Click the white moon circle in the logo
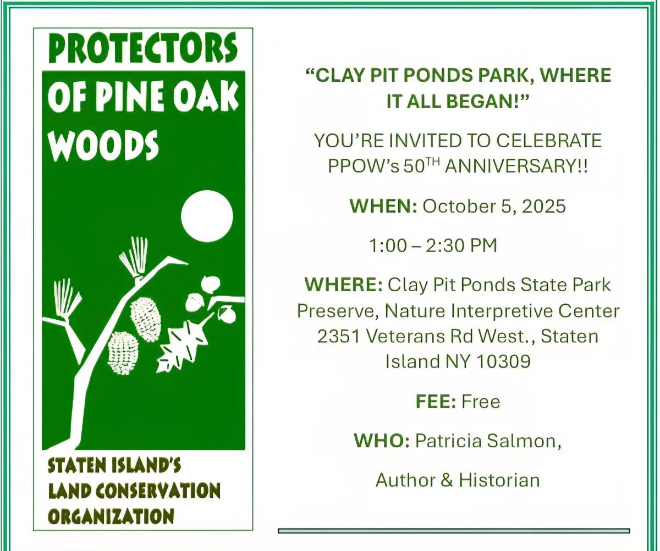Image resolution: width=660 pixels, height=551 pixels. tap(207, 216)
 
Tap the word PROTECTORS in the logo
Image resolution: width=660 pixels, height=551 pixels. tap(143, 48)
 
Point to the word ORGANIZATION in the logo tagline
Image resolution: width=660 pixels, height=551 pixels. tap(111, 516)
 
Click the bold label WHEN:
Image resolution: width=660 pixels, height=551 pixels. tap(383, 206)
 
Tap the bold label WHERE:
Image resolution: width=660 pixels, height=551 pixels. tap(344, 285)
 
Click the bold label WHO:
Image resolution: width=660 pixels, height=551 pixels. tap(382, 441)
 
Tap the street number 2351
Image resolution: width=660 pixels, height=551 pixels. tap(339, 336)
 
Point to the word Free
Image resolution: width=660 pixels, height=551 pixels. tap(481, 402)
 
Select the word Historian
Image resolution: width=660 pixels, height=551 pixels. tap(499, 480)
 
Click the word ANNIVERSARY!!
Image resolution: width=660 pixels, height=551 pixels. tap(516, 166)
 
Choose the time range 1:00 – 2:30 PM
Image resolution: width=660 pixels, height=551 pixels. tap(433, 246)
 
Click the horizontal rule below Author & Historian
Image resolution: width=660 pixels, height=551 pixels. tap(454, 531)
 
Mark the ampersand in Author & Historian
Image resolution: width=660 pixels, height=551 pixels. tap(446, 480)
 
